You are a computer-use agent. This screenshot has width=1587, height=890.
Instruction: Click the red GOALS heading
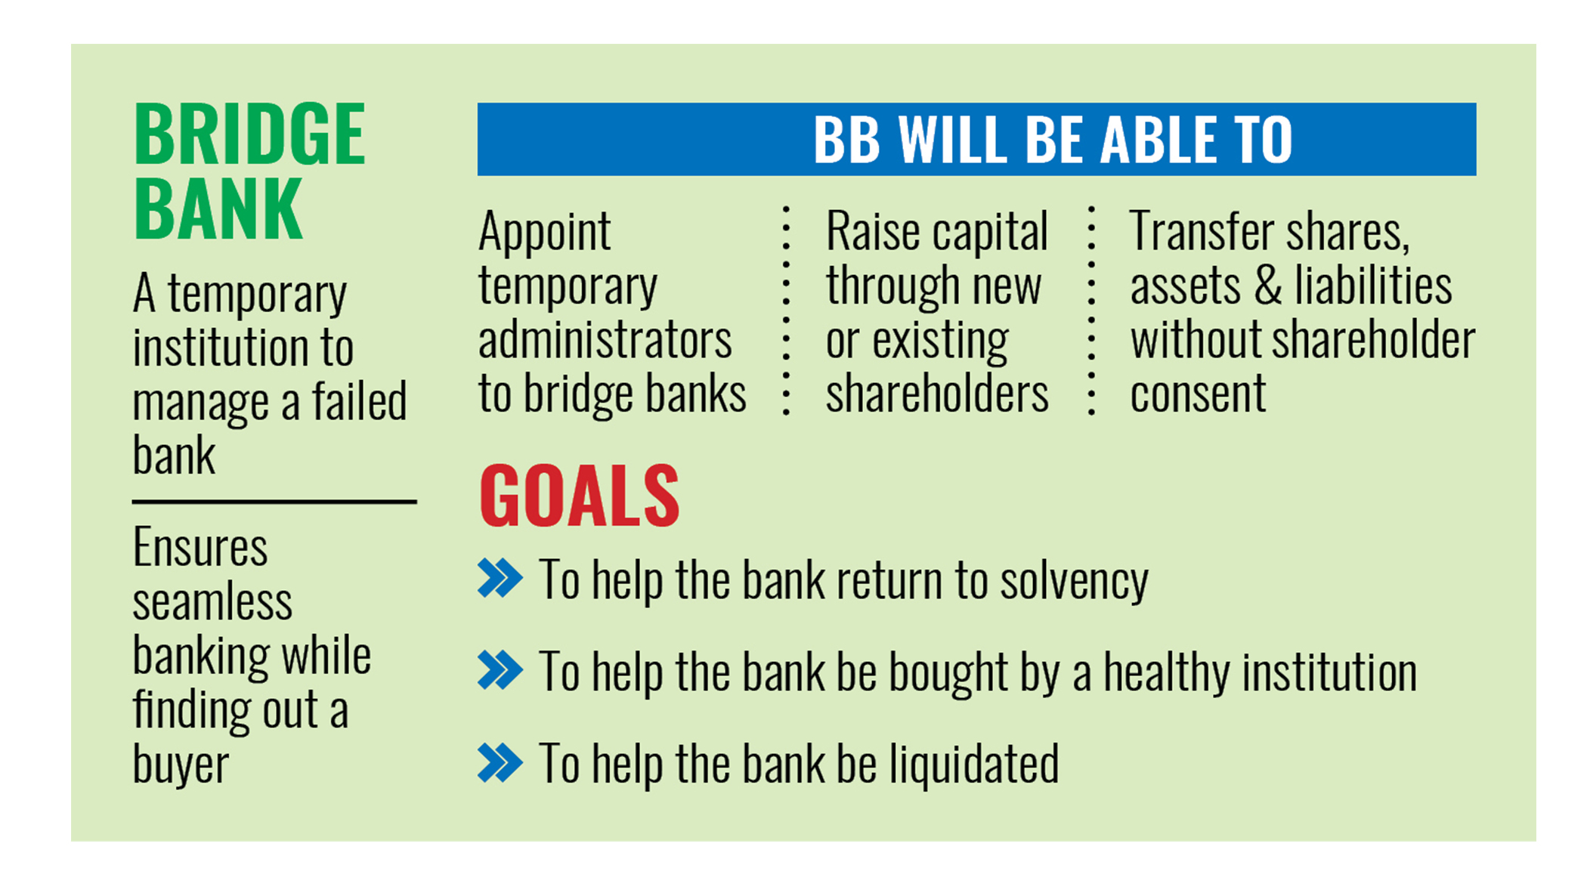[x=580, y=496]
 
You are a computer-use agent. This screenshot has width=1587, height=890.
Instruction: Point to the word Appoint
[x=544, y=231]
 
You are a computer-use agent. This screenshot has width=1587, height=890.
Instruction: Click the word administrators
[x=605, y=340]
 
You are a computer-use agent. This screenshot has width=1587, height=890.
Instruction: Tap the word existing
[x=940, y=340]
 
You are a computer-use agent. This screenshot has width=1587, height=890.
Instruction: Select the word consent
[x=1198, y=394]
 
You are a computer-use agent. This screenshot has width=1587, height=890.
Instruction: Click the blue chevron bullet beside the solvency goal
[x=500, y=579]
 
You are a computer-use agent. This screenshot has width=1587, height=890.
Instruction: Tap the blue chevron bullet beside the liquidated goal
[x=500, y=762]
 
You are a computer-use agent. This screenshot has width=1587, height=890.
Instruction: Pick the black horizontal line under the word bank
[x=274, y=501]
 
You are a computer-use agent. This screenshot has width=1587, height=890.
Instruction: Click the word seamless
[x=212, y=603]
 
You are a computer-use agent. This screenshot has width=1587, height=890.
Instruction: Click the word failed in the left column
[x=360, y=401]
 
